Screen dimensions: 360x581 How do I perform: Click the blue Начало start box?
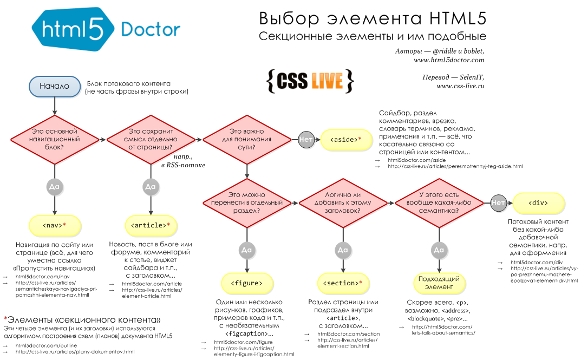click(x=54, y=86)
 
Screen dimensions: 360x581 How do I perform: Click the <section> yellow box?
click(x=342, y=283)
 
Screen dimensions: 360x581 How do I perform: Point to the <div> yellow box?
click(x=538, y=203)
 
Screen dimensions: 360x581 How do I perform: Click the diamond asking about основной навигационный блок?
click(x=54, y=139)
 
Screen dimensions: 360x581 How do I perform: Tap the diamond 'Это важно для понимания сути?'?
click(x=247, y=139)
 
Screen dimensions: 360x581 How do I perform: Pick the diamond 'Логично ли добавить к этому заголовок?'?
click(x=343, y=202)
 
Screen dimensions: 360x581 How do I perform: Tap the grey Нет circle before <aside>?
click(x=306, y=140)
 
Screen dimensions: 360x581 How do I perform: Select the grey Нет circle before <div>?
click(x=498, y=203)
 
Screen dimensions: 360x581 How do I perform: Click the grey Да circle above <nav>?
click(x=54, y=186)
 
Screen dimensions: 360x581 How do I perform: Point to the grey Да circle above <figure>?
click(x=246, y=250)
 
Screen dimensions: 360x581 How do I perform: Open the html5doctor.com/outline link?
click(x=46, y=345)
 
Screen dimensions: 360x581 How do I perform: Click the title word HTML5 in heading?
click(x=457, y=18)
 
